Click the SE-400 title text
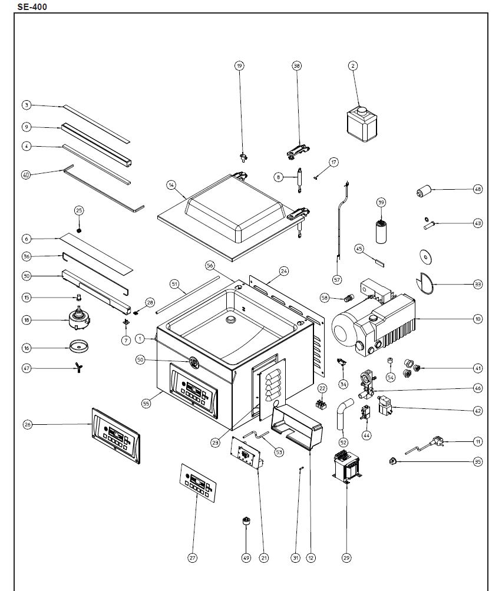coord(32,6)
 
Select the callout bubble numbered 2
coord(353,66)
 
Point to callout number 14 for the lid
coord(171,185)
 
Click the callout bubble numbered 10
coord(477,319)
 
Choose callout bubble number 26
coord(27,425)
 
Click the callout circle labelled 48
coord(477,189)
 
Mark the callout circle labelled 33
coord(477,284)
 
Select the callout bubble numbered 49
coord(246,557)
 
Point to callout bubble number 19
coord(239,66)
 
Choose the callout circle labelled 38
coord(297,66)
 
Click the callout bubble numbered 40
coord(27,174)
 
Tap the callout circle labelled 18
coord(27,320)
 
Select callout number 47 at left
coord(27,368)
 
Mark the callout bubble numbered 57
coord(337,279)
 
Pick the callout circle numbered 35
coord(477,462)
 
